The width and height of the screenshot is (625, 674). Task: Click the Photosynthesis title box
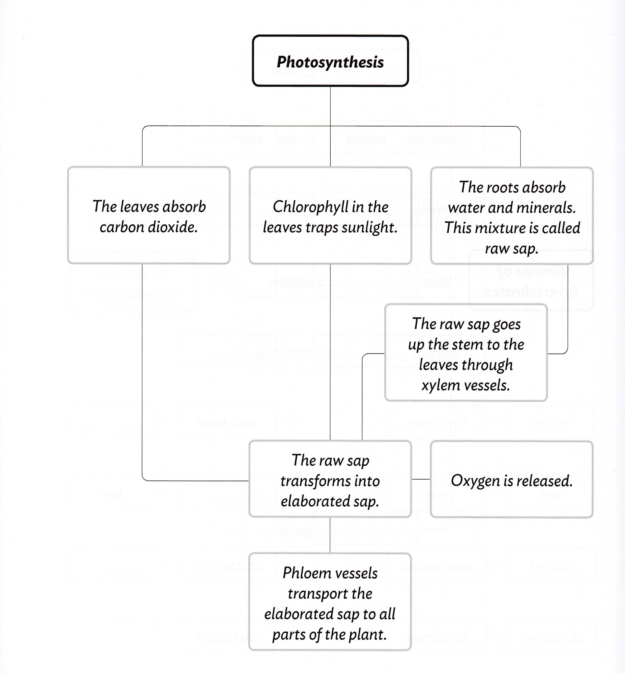(x=330, y=61)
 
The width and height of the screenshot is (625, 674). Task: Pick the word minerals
(x=552, y=208)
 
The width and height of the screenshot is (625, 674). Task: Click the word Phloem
(x=302, y=573)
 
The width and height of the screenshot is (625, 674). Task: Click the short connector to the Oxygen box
(x=421, y=479)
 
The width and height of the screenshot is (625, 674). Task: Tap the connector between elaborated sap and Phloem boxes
(x=330, y=535)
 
